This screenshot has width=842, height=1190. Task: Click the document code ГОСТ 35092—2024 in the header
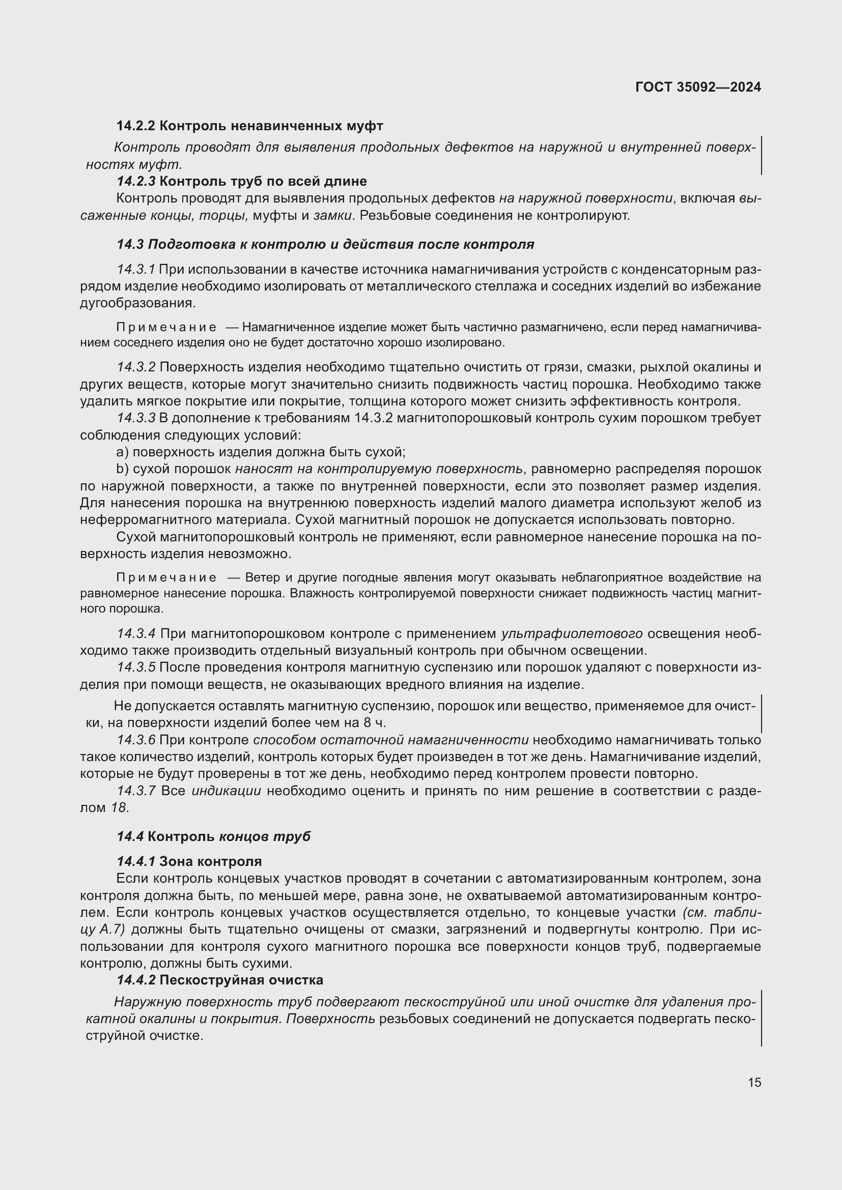(x=698, y=87)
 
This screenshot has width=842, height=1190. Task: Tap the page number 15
(x=754, y=1082)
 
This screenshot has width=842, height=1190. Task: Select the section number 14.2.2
(x=135, y=126)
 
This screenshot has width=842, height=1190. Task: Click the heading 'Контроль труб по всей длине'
(x=263, y=182)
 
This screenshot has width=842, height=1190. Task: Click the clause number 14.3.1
(x=136, y=270)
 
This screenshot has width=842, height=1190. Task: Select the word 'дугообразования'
(x=137, y=303)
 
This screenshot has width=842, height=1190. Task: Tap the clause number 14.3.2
(x=136, y=367)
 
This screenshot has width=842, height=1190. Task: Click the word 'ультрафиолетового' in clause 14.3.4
(x=572, y=634)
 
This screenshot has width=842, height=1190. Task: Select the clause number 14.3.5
(x=136, y=667)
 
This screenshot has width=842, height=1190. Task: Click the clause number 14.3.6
(x=136, y=740)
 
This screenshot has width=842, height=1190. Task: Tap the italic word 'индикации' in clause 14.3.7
(x=226, y=791)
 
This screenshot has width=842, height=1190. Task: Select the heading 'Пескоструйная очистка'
(x=241, y=980)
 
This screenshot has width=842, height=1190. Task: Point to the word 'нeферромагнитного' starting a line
(x=143, y=520)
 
